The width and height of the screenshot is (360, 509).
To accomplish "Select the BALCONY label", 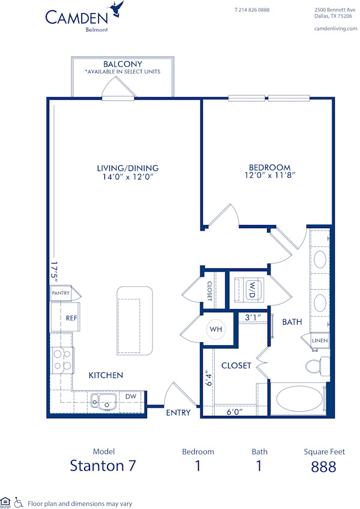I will click(122, 64).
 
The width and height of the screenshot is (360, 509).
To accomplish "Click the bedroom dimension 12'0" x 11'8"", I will click(269, 176).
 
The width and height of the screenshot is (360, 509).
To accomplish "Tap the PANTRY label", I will click(61, 294).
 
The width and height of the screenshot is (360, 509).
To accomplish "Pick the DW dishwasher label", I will click(130, 396).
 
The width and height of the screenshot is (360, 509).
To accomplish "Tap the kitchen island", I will click(135, 319).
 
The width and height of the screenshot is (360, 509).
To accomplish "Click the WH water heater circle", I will click(215, 329).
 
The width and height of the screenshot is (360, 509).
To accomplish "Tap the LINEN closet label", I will click(320, 341).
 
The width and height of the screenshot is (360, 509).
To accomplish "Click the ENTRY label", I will click(178, 412).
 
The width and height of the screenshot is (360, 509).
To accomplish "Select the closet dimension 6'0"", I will click(235, 412).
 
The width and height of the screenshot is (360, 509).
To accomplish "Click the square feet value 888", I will click(323, 466).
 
